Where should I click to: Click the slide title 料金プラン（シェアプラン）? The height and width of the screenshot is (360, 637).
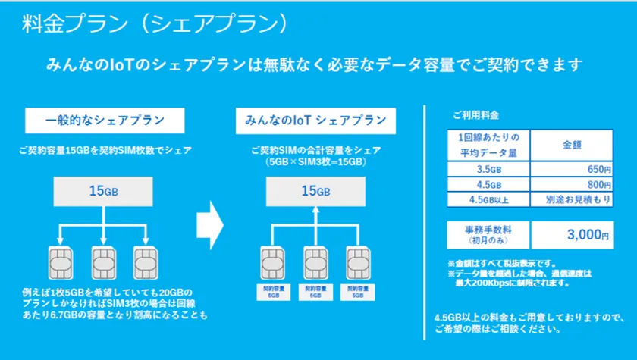coord(155,23)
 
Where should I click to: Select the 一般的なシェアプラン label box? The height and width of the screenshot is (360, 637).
coord(105,121)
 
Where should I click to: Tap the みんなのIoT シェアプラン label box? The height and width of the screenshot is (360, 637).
coord(315,121)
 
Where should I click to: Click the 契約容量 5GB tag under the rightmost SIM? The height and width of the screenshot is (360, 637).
coord(357,291)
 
